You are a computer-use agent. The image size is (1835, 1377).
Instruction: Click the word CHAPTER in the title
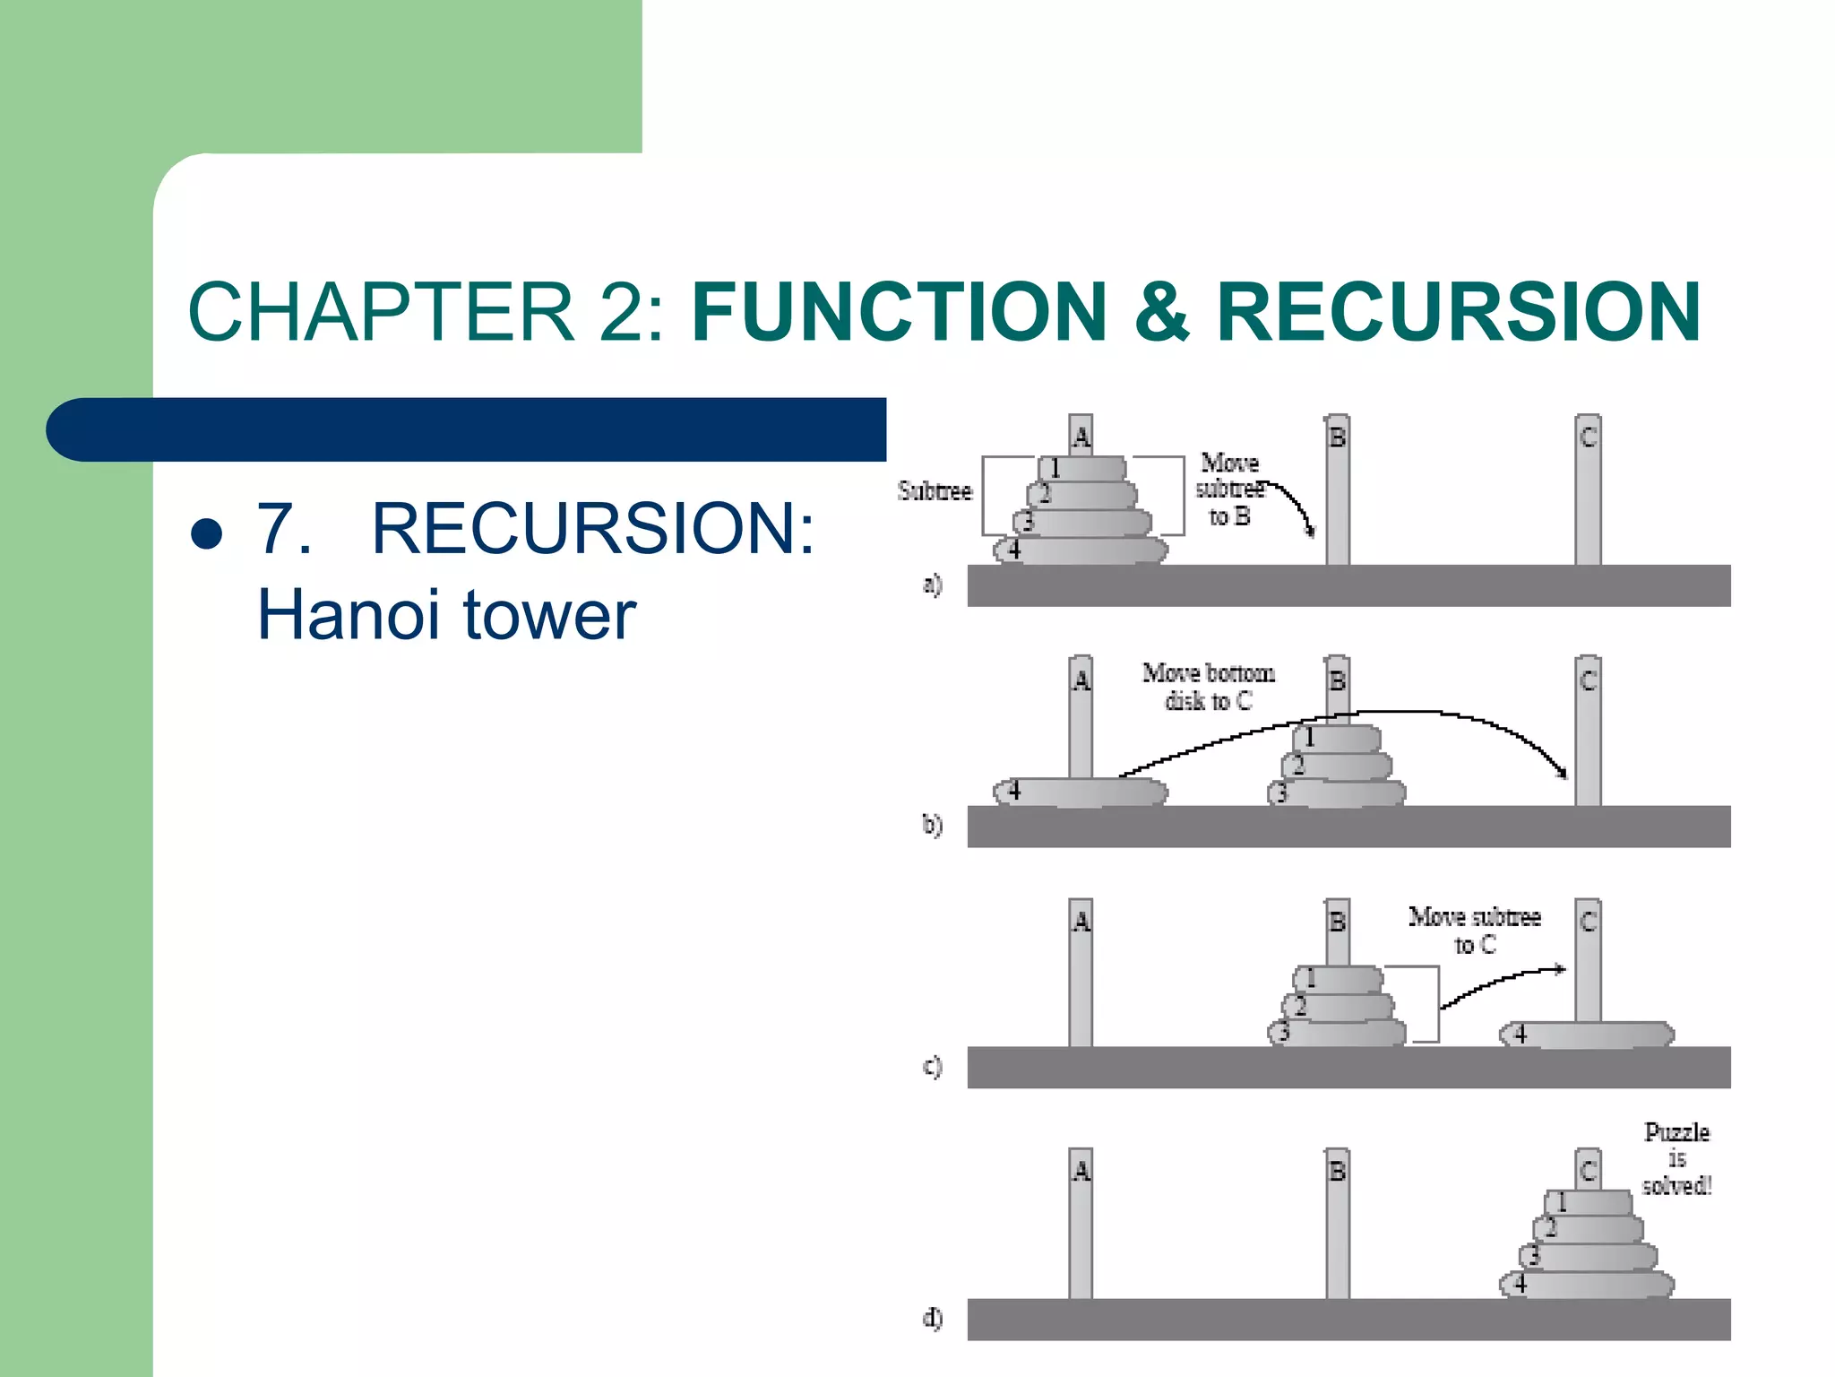pos(381,311)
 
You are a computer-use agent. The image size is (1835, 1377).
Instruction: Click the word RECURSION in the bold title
pos(1458,311)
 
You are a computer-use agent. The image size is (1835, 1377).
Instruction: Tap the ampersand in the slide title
pos(1162,311)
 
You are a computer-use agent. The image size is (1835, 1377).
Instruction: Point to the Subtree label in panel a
pos(935,491)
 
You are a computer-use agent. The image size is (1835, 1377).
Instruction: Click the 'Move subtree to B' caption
pos(1228,489)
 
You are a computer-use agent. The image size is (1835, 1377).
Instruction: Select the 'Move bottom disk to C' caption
pos(1208,687)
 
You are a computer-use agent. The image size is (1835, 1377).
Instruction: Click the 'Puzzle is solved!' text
pos(1676,1159)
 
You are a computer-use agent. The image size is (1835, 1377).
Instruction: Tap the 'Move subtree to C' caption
pos(1475,930)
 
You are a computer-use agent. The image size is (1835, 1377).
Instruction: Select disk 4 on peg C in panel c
pos(1587,1035)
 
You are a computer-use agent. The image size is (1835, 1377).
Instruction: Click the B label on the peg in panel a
pos(1337,437)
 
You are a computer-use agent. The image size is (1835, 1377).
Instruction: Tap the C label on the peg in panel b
pos(1588,680)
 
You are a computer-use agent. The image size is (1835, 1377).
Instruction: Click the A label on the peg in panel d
pos(1081,1171)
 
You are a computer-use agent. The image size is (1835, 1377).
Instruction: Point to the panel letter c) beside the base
pos(933,1067)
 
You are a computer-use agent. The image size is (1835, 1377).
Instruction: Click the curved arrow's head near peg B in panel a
pos(1311,532)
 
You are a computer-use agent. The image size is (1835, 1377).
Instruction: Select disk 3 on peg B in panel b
pos(1337,792)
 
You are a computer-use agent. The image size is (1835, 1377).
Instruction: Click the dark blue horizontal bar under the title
pos(466,429)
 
